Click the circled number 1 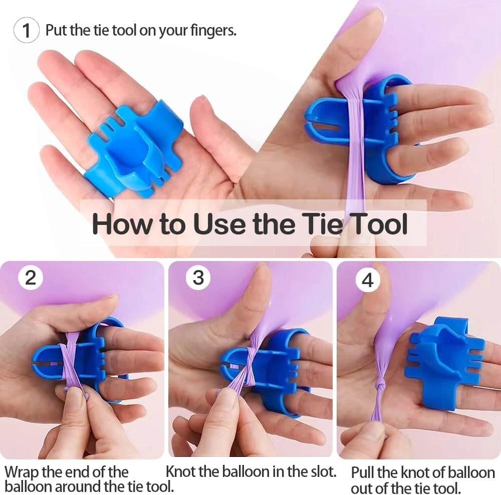tap(27, 31)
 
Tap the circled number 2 tap(31, 278)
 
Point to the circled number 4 tap(368, 280)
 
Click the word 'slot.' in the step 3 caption tap(323, 471)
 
